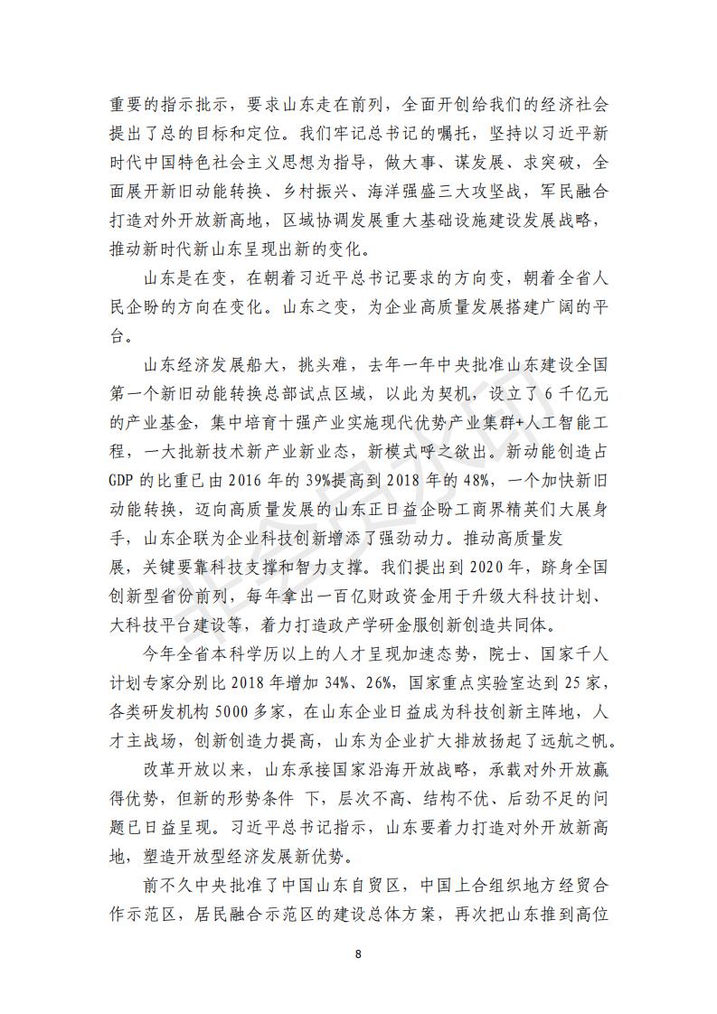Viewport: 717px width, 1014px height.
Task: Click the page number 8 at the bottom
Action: tap(359, 953)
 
